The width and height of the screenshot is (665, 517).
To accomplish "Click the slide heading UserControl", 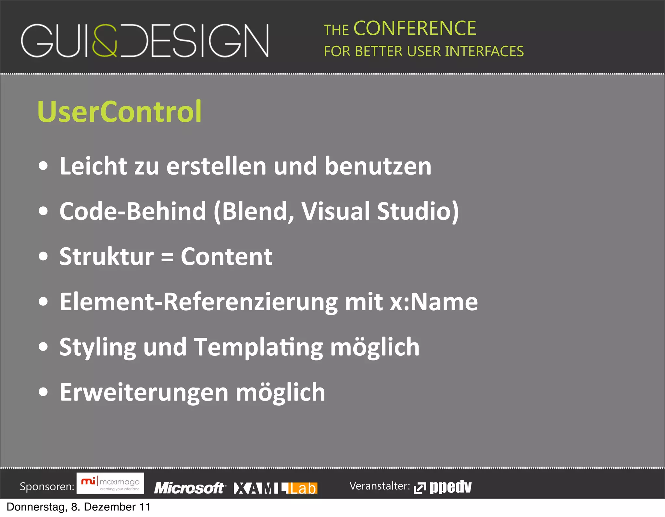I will [x=119, y=111].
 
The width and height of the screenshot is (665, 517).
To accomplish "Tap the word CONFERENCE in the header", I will [x=415, y=28].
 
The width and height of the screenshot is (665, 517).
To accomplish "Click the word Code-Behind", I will [x=132, y=211].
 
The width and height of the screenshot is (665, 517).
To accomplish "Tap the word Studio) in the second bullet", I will [x=418, y=211].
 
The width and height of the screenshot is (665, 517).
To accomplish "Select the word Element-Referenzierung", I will [x=198, y=302].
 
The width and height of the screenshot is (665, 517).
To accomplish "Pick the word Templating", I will [x=258, y=347].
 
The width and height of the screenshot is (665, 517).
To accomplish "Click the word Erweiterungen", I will [x=144, y=392].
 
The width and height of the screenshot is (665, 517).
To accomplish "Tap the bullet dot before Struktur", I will [x=43, y=256].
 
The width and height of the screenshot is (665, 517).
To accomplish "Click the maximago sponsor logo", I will [x=110, y=483].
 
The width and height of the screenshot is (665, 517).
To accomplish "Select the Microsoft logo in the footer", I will [x=189, y=488].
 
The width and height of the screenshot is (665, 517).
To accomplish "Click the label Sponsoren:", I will [x=47, y=486].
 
